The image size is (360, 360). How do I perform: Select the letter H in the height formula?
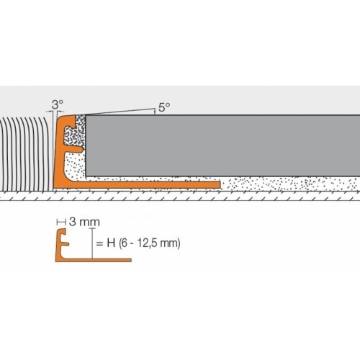[109, 243]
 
